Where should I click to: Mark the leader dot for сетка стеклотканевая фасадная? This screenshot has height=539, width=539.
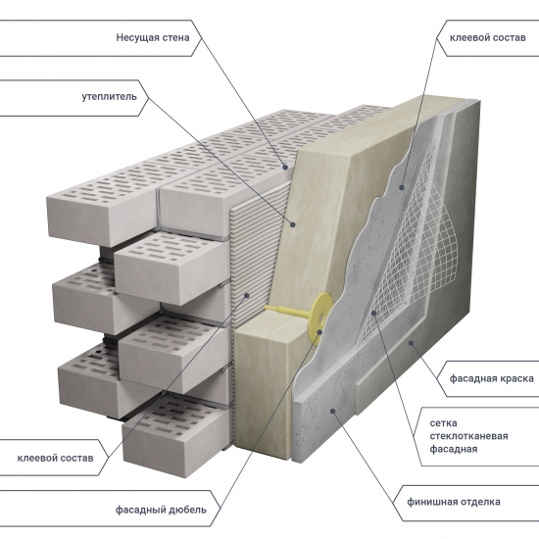pos(372,314)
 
